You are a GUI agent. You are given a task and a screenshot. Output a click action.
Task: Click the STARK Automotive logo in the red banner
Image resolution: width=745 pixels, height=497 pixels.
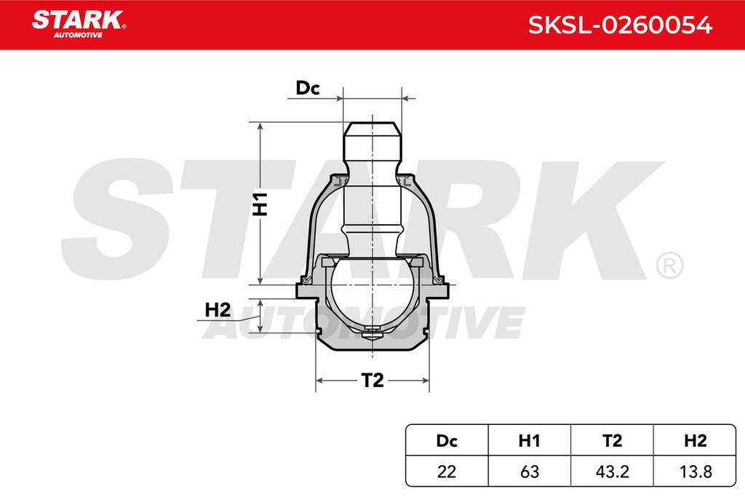(79, 24)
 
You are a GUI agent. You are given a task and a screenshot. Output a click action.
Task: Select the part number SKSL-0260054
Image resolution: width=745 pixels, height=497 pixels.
(620, 25)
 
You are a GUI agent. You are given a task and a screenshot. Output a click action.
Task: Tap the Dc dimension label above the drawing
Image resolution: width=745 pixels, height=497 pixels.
(308, 88)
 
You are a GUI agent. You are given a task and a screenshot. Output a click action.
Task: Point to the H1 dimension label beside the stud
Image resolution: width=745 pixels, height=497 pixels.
(260, 204)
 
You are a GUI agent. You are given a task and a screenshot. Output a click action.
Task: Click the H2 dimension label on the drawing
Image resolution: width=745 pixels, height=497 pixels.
(218, 310)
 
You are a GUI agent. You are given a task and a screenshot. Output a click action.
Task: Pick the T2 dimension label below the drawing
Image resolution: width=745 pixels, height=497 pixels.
(372, 380)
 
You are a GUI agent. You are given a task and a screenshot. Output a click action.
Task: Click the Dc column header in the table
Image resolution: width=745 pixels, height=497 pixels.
(447, 441)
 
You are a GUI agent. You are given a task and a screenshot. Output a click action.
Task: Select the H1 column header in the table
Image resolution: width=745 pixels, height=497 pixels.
(530, 441)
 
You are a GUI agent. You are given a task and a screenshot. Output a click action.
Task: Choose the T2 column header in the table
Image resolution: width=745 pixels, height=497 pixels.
(612, 441)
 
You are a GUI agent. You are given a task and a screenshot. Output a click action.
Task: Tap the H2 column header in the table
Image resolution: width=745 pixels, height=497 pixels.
(695, 441)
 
